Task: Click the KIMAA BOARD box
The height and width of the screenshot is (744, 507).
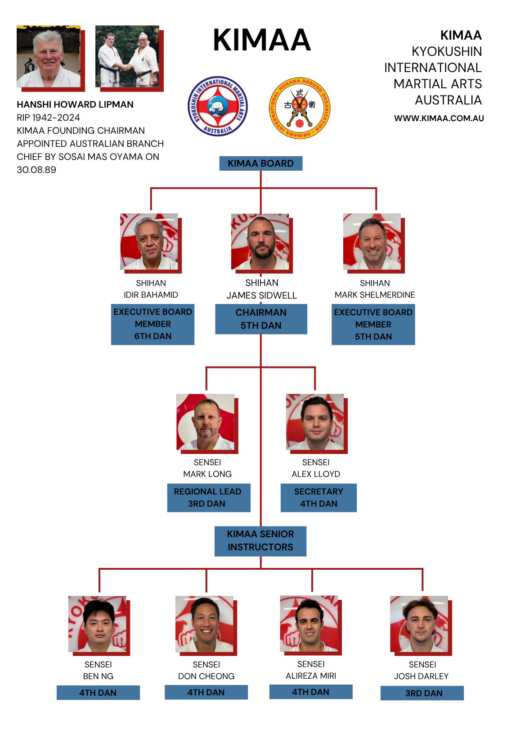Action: coord(260,163)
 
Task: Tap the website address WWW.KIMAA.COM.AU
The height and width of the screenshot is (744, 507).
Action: coord(439,118)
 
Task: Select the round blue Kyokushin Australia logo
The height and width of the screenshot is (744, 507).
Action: coord(217,106)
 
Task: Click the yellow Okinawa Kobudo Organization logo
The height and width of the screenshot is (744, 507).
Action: coord(300,108)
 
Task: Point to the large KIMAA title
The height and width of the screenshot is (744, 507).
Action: coord(261,41)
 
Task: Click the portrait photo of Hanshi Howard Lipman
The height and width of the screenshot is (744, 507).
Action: coord(49,56)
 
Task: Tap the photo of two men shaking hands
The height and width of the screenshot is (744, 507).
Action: coord(127,56)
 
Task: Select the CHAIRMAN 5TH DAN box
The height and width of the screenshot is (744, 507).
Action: coord(261,319)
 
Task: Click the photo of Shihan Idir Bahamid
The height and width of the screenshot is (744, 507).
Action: coord(149,242)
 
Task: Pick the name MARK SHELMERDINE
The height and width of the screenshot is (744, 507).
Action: coord(375,295)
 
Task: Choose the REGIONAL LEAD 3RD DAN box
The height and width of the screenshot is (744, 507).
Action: coord(208,498)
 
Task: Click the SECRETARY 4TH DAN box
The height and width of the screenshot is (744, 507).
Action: coord(319,498)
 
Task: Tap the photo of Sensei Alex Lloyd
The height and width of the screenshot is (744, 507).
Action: coord(315,422)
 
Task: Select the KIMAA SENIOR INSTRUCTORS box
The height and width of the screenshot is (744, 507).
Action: coord(260,541)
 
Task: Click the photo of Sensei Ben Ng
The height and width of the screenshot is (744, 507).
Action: coord(98,624)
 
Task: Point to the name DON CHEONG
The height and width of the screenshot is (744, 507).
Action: coord(206,676)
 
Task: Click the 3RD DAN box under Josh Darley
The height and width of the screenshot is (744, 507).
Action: coord(422,693)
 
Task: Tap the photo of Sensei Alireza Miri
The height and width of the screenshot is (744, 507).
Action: coord(309,624)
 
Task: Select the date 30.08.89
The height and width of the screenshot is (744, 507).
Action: coord(36,170)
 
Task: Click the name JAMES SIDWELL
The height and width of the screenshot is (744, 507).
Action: coord(262,295)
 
